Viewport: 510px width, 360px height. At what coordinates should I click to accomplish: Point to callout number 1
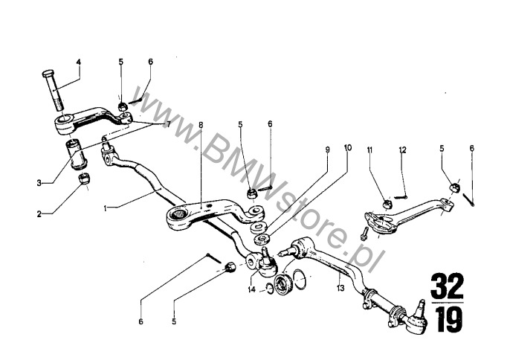point(108,208)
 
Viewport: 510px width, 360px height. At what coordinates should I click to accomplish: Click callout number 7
point(169,124)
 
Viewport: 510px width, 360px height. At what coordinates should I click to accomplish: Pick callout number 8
point(200,126)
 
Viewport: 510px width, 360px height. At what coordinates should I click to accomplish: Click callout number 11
point(369,150)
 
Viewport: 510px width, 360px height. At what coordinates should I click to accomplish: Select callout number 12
point(402,150)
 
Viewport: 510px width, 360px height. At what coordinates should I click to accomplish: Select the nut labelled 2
point(85,179)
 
